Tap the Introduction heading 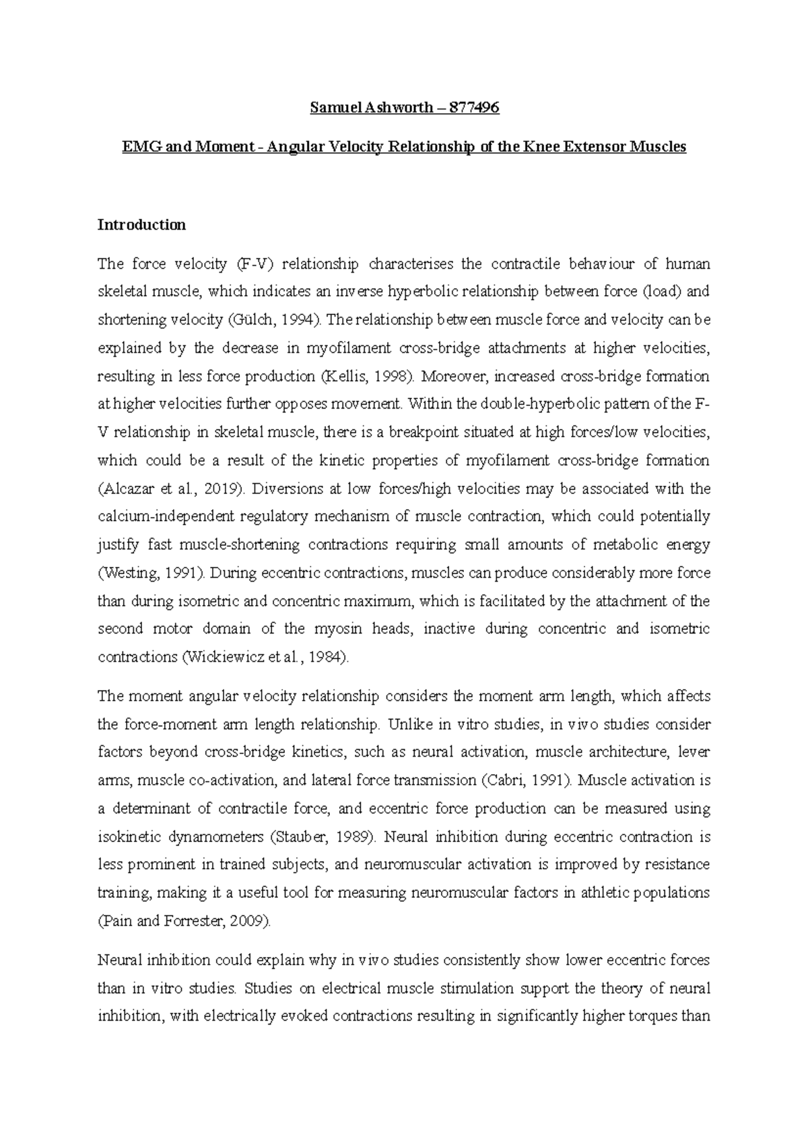click(x=141, y=225)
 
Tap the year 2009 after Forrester click(x=248, y=922)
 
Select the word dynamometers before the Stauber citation click(x=213, y=837)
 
